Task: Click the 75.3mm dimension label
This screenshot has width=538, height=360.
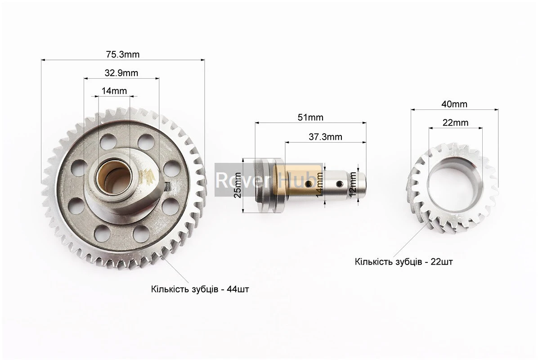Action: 122,54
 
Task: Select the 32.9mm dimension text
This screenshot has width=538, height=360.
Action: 121,73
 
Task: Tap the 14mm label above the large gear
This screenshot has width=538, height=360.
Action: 114,91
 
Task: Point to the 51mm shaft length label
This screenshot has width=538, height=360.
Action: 310,117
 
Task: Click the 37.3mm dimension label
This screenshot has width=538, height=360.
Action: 326,137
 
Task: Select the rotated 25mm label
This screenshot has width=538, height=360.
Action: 237,185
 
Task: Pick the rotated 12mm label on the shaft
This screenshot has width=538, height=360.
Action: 352,184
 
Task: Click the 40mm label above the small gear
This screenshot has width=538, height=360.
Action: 454,104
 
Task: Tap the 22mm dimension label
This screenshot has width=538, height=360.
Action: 455,122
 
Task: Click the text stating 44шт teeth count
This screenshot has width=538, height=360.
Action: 200,289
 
